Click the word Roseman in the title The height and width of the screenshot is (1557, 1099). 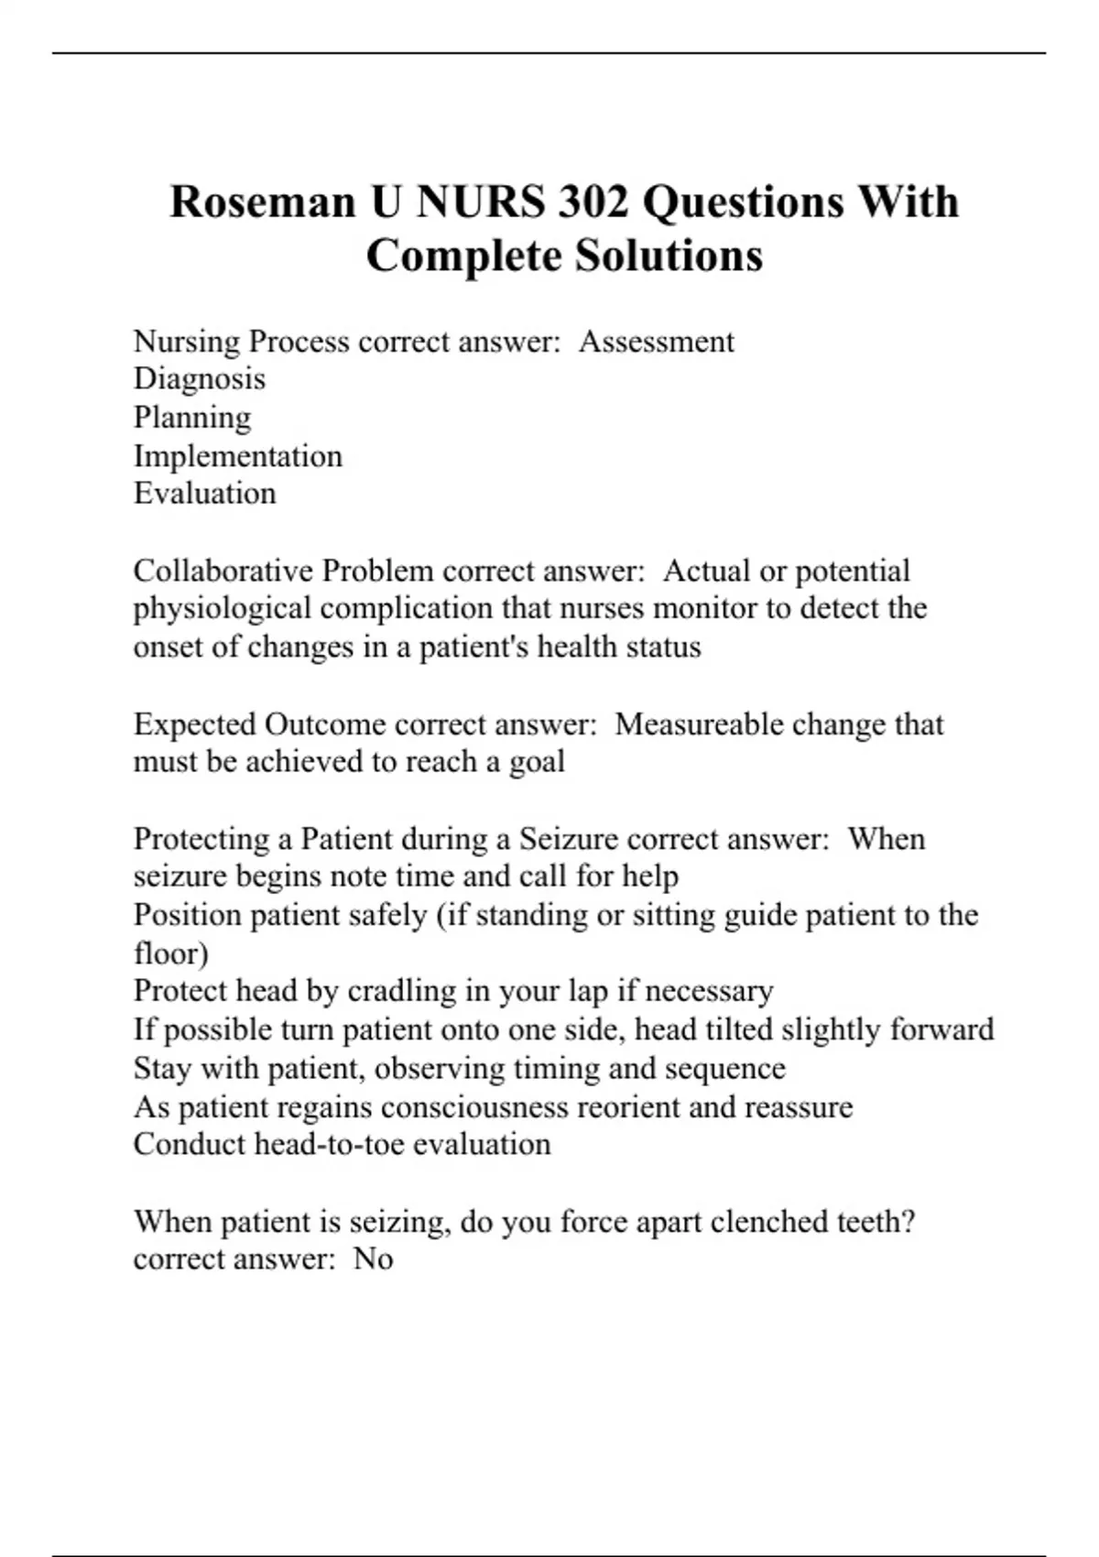263,202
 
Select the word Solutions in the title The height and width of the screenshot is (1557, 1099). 669,256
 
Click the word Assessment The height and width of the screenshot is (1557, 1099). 656,342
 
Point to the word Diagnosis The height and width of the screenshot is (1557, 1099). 200,379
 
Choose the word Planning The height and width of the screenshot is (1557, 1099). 192,419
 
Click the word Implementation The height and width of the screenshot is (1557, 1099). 238,456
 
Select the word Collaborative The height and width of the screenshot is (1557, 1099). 223,571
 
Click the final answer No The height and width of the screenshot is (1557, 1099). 373,1259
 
